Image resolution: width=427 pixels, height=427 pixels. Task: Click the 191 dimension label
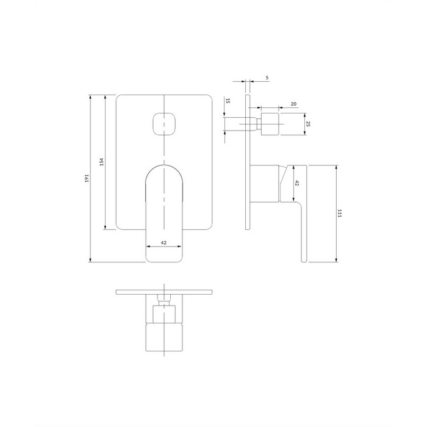click(87, 178)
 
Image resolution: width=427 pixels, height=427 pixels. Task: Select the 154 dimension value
click(102, 162)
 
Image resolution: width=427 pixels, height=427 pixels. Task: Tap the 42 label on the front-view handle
click(163, 243)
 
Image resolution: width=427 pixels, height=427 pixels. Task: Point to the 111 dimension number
click(339, 213)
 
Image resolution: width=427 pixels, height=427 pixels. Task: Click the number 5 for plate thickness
click(267, 77)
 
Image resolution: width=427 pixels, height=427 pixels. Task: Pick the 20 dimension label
click(293, 104)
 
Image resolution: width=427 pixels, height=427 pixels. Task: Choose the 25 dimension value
click(308, 124)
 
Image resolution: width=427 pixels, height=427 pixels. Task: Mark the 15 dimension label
click(228, 101)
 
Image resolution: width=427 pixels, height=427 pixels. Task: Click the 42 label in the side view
click(297, 183)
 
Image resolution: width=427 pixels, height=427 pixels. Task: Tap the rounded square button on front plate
click(164, 124)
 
